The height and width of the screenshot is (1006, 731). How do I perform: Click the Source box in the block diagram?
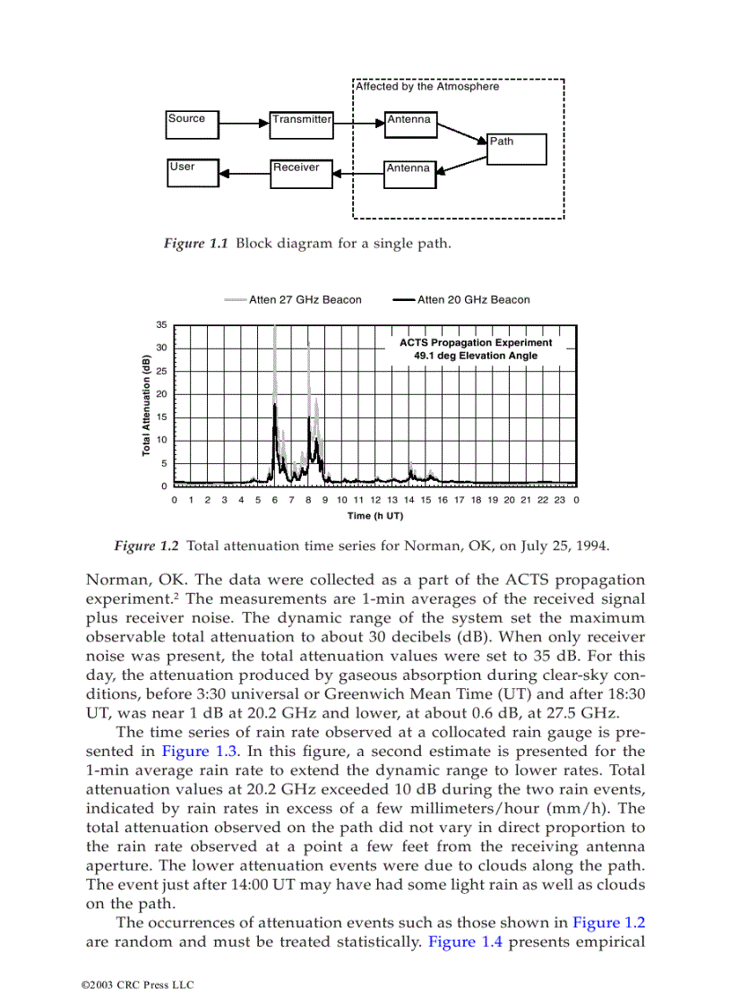(x=192, y=125)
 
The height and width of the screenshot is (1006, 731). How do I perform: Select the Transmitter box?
(x=301, y=125)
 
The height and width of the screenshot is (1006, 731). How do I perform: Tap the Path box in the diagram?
(x=516, y=150)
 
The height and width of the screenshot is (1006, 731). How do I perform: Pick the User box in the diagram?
(x=192, y=173)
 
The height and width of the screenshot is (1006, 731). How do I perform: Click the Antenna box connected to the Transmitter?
(x=410, y=125)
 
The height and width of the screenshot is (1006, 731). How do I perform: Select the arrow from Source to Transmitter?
(x=244, y=125)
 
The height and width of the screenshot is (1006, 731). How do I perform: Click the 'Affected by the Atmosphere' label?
(x=427, y=87)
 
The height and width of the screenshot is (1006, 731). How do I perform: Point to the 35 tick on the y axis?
(x=161, y=324)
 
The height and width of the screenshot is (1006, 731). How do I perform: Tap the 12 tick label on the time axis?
(x=375, y=500)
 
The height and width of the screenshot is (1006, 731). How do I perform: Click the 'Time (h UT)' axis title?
(x=375, y=516)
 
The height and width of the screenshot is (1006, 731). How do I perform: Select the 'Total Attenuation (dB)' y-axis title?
(x=145, y=405)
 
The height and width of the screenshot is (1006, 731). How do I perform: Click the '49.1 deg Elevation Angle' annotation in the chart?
(x=476, y=356)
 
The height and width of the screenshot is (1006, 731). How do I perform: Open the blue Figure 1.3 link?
(x=189, y=752)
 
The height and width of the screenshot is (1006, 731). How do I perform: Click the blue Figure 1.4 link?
(x=460, y=942)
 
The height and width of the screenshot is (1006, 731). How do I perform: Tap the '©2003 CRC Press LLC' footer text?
(x=137, y=985)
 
